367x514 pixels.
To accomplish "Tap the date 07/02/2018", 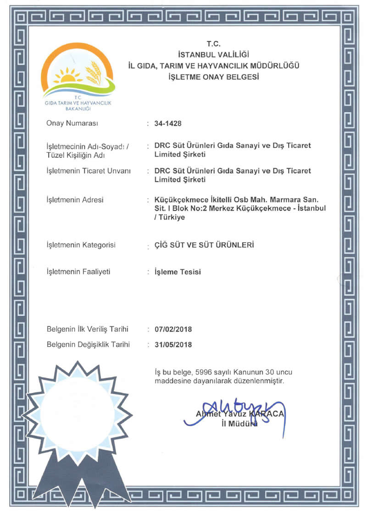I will (x=173, y=330).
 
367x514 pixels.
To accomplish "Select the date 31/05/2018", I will (x=173, y=345).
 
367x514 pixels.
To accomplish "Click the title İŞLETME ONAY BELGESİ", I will (x=214, y=77).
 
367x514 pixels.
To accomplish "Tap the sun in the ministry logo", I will (x=69, y=76).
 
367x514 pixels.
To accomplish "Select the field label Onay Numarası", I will (x=72, y=123).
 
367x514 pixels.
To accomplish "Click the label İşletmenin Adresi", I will (x=75, y=200).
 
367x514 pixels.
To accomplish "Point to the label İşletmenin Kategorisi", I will (x=81, y=245).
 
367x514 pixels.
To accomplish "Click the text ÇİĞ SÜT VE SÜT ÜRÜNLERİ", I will (x=205, y=245).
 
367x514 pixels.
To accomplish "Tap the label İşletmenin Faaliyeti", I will (x=78, y=272).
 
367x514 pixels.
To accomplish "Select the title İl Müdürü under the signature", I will (x=239, y=424).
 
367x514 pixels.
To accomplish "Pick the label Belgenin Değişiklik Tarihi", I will (x=89, y=345).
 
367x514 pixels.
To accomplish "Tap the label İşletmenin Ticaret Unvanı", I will (x=89, y=171).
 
